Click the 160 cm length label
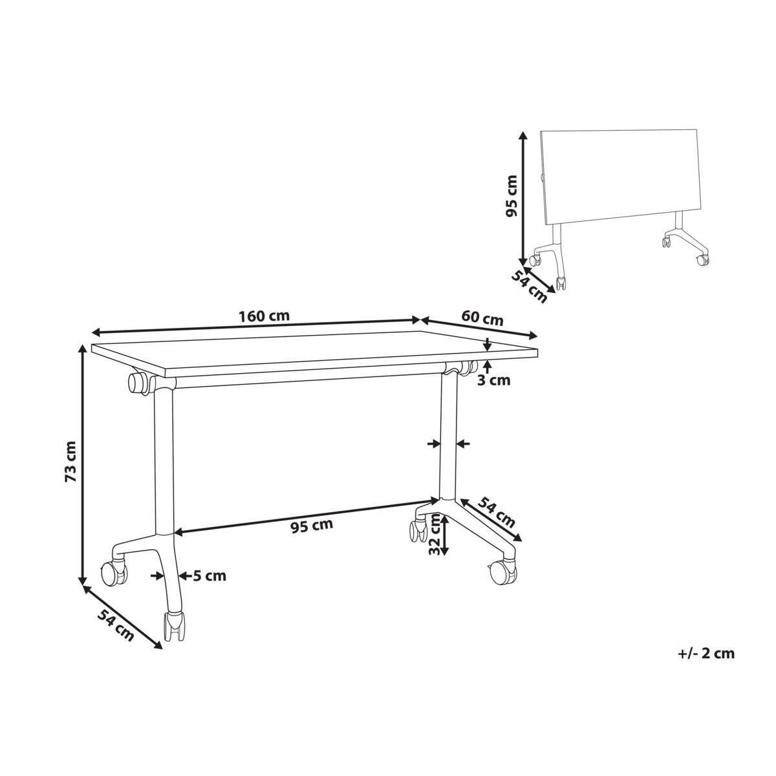tap(264, 316)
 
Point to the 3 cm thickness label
tap(493, 380)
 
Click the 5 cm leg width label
tap(210, 576)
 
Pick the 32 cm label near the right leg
tap(434, 535)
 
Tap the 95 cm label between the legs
tap(312, 526)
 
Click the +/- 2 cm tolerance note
tap(706, 642)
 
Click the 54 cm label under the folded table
tap(530, 286)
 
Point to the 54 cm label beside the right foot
tap(497, 512)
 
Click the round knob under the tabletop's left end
tap(138, 385)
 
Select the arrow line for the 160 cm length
tap(257, 326)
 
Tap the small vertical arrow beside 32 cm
tap(444, 535)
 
